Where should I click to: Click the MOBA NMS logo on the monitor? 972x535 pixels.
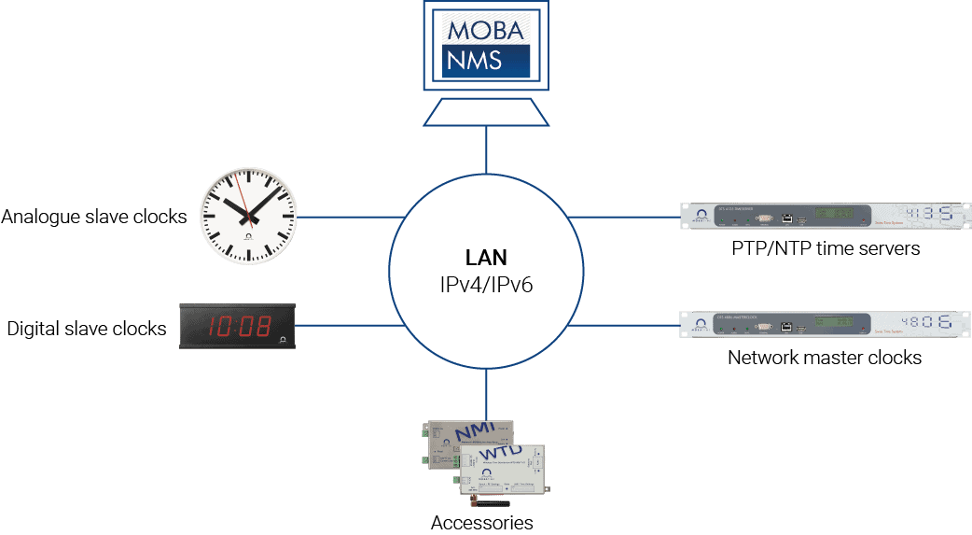tap(485, 45)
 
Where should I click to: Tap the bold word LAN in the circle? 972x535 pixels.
tap(485, 256)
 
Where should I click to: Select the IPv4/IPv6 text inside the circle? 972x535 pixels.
tap(485, 284)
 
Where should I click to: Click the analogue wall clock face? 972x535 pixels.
tap(249, 217)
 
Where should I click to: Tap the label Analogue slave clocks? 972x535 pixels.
tap(94, 218)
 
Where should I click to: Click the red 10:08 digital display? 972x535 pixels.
tap(239, 326)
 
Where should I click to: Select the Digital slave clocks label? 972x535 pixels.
tap(87, 329)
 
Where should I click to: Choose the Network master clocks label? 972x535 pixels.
tap(824, 358)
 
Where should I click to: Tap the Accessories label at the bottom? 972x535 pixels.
tap(482, 523)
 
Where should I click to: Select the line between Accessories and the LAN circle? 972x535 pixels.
tap(486, 393)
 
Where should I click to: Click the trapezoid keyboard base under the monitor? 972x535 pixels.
tap(485, 113)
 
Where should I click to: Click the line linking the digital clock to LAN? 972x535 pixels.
tap(345, 326)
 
